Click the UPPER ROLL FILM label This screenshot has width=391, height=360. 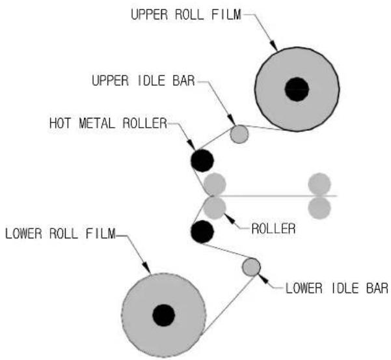pyautogui.click(x=186, y=14)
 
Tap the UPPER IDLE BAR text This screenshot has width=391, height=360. pyautogui.click(x=143, y=81)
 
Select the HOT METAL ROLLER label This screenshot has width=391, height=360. pyautogui.click(x=108, y=123)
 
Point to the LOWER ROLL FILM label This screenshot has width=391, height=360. pyautogui.click(x=61, y=234)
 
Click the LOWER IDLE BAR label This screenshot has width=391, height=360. pyautogui.click(x=337, y=288)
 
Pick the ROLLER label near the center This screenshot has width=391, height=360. pyautogui.click(x=273, y=228)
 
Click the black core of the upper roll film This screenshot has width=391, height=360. pyautogui.click(x=297, y=89)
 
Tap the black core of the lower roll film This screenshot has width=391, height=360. pyautogui.click(x=163, y=315)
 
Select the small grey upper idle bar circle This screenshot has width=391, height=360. pyautogui.click(x=239, y=134)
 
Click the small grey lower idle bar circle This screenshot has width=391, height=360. pyautogui.click(x=251, y=267)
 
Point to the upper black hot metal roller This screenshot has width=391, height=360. pyautogui.click(x=202, y=161)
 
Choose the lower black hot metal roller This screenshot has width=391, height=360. pyautogui.click(x=202, y=232)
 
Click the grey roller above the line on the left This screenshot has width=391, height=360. pyautogui.click(x=215, y=184)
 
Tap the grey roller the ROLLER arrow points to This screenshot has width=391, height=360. pyautogui.click(x=215, y=208)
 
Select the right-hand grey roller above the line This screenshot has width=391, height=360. pyautogui.click(x=319, y=184)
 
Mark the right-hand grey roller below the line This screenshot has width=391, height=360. pyautogui.click(x=319, y=208)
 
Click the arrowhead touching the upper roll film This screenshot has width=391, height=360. pyautogui.click(x=275, y=46)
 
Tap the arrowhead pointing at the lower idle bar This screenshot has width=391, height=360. pyautogui.click(x=263, y=279)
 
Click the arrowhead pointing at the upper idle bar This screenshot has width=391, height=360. pyautogui.click(x=231, y=120)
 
